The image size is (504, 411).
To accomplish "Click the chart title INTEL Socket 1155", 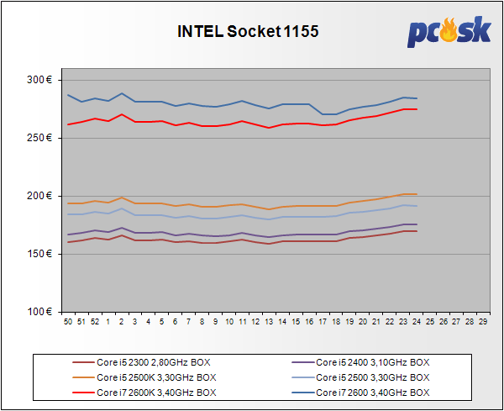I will coord(248,32).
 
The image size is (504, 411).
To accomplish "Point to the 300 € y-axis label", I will coord(39,80).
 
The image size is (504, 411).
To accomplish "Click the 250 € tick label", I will coord(39,138).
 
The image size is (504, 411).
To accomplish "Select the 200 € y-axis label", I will coord(39,196).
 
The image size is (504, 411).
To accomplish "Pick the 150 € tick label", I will coord(39,254).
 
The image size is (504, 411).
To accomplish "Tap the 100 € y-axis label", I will coord(39,312).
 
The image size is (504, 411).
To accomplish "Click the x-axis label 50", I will coord(68,321).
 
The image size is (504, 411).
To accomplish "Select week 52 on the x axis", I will coord(95,321).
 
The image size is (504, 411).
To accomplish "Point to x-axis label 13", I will coord(269,321).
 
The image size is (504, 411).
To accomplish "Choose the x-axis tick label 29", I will coord(483,321).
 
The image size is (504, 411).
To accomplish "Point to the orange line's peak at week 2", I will coord(122,198).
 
